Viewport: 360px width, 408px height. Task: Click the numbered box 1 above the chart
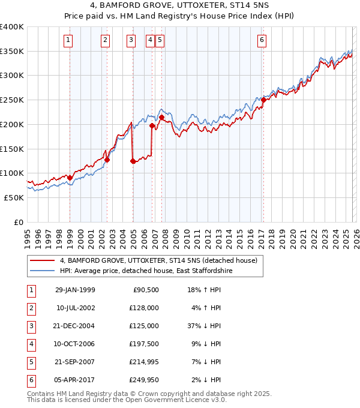(68, 40)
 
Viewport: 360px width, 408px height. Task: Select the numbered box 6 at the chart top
(262, 40)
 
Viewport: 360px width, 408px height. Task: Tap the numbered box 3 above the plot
(131, 40)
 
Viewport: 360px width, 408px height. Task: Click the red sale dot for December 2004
(133, 161)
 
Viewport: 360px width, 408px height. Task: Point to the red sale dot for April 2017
(263, 100)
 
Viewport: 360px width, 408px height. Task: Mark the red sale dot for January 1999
(70, 178)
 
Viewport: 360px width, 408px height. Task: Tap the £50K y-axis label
(14, 197)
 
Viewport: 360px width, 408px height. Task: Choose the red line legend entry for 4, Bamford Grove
(158, 260)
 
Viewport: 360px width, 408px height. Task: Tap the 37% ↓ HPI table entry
(205, 326)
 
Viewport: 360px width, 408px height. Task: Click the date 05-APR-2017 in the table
(74, 380)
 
